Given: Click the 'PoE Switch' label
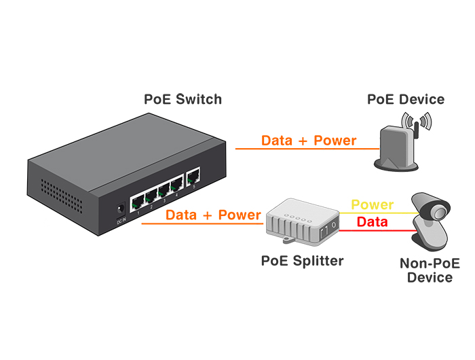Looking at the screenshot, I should tap(183, 99).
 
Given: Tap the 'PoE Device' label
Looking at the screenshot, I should tap(406, 99).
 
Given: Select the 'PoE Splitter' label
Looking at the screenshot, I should tap(303, 260).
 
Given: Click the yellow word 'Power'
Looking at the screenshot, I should tap(372, 204).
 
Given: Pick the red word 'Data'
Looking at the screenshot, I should tap(372, 222).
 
